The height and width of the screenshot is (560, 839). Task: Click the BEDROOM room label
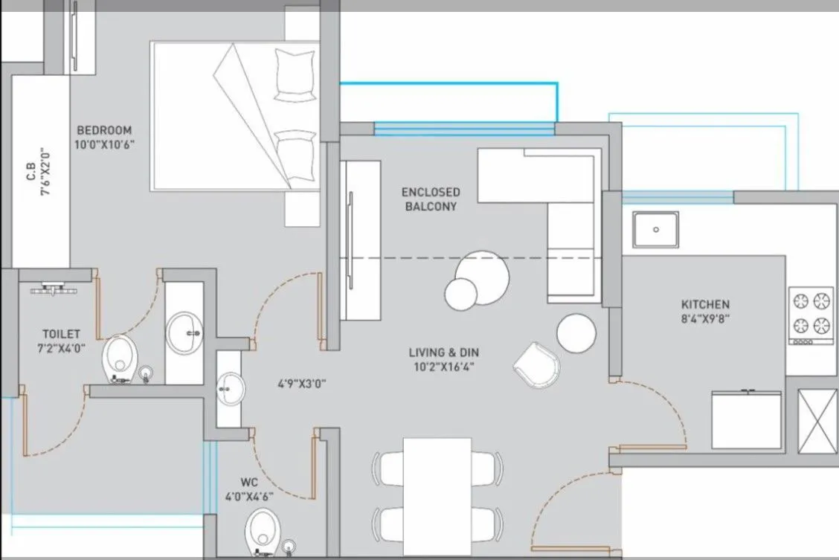click(104, 129)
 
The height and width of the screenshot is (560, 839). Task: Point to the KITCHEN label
click(705, 304)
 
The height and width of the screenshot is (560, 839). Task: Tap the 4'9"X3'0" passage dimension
click(300, 384)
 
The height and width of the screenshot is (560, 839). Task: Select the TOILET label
click(61, 335)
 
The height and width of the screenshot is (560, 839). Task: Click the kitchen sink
click(655, 229)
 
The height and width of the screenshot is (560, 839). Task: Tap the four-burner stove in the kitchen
click(811, 313)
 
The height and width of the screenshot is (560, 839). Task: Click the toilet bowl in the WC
click(260, 528)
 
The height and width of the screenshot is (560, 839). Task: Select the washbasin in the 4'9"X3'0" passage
click(230, 387)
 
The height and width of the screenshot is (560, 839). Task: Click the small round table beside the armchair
click(576, 332)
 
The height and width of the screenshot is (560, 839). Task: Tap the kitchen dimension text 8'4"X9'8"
click(705, 319)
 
